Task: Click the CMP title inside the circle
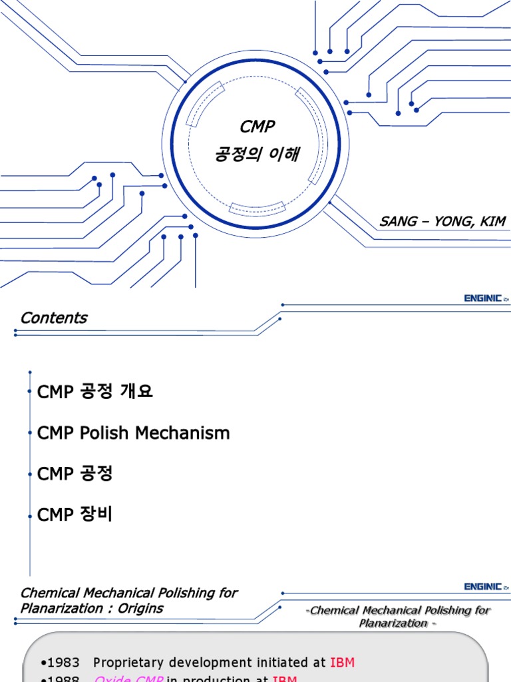tap(257, 127)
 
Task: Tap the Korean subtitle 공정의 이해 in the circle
tap(257, 155)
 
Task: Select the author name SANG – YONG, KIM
tap(442, 221)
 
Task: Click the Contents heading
tap(53, 318)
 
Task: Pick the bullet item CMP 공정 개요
tap(95, 392)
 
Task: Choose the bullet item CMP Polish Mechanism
tap(133, 433)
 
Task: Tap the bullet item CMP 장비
tap(75, 514)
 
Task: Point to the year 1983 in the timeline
tap(64, 663)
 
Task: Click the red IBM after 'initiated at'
tap(342, 663)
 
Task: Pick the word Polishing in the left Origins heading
tap(180, 593)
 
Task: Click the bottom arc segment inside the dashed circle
tap(257, 207)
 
